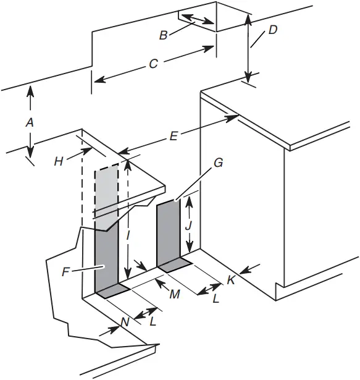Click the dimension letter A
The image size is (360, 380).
pyautogui.click(x=28, y=123)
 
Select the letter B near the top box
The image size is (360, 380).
pyautogui.click(x=163, y=35)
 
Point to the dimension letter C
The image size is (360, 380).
pyautogui.click(x=154, y=63)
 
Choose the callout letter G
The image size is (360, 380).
pyautogui.click(x=217, y=164)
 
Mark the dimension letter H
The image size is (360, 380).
pyautogui.click(x=59, y=161)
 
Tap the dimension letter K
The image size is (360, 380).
pyautogui.click(x=230, y=279)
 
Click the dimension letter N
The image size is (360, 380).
pyautogui.click(x=125, y=321)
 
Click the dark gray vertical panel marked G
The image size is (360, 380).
pyautogui.click(x=167, y=232)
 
